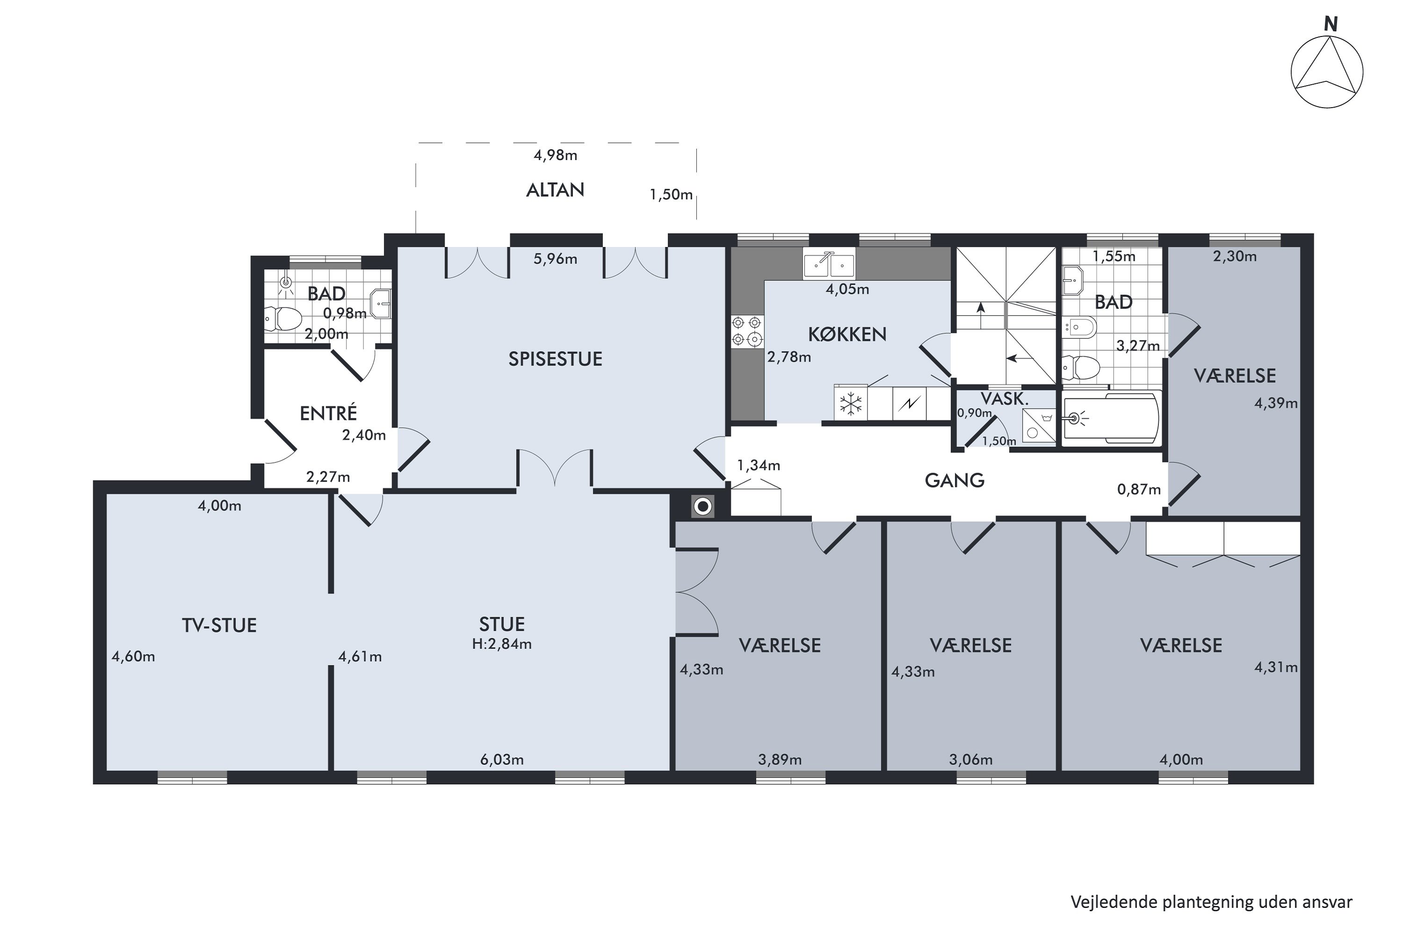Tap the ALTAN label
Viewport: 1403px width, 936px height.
(555, 190)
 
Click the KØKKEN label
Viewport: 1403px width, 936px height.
(847, 334)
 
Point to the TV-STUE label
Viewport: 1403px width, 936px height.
(219, 625)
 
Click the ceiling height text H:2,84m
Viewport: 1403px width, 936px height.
(502, 644)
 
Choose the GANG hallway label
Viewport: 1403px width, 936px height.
(955, 481)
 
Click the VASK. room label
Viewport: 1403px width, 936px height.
(1005, 399)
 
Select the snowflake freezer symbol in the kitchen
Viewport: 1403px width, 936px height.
(851, 404)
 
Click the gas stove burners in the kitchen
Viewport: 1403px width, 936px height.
(747, 331)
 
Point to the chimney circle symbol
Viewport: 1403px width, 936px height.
(703, 507)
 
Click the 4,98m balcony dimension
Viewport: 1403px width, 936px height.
(556, 155)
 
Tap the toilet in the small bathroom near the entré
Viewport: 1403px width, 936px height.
(283, 319)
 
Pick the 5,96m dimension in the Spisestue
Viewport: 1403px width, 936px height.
(556, 259)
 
